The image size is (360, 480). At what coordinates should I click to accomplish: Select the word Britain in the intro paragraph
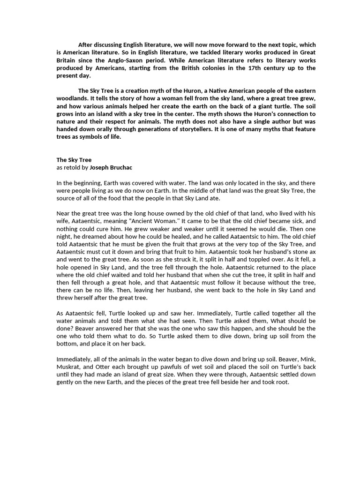tap(67, 60)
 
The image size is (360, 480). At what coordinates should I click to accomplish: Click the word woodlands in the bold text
tap(72, 97)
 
